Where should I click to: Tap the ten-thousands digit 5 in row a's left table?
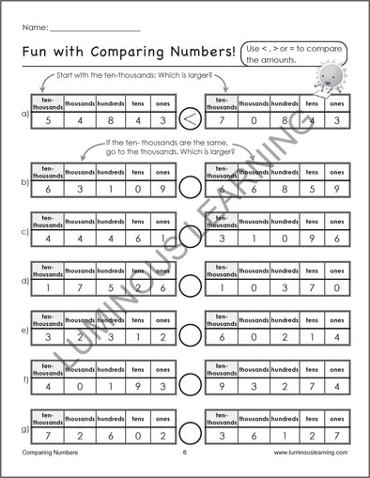click(x=47, y=120)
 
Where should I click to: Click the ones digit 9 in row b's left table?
click(x=163, y=188)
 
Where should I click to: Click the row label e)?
click(x=23, y=331)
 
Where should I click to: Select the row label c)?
click(x=23, y=231)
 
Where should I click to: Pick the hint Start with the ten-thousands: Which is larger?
click(x=131, y=74)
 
